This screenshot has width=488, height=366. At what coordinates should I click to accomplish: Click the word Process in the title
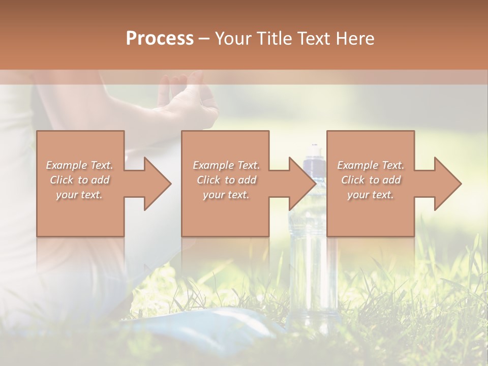(x=160, y=39)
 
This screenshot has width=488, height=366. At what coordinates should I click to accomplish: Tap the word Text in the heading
(x=314, y=39)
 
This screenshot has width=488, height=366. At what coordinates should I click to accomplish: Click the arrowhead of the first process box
(x=158, y=184)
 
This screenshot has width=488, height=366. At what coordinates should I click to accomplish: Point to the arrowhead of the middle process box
(x=302, y=184)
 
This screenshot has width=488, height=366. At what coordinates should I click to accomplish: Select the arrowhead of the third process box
(x=448, y=184)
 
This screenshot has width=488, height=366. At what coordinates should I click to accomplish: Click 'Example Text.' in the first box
(x=79, y=165)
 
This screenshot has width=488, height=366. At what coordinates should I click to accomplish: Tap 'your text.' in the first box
(x=79, y=195)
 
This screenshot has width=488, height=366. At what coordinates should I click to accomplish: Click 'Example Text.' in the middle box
(x=226, y=165)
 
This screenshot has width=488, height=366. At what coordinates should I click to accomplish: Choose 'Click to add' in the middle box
(x=226, y=180)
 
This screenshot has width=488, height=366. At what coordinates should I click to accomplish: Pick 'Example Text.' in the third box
(x=371, y=165)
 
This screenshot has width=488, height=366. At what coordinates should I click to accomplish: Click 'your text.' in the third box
(x=371, y=195)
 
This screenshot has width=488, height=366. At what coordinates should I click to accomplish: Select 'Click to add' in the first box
(x=79, y=180)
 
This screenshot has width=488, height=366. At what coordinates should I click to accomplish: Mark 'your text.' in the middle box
(x=226, y=195)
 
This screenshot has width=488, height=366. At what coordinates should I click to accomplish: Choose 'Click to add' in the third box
(x=371, y=180)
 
